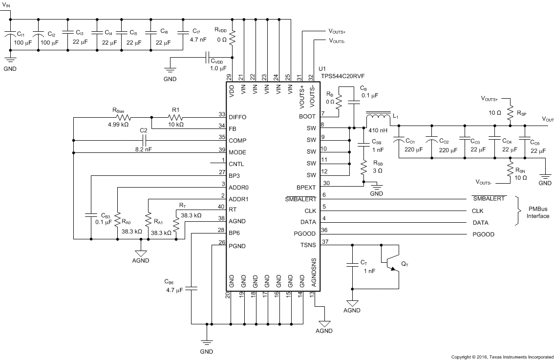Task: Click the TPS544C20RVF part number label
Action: coord(341,76)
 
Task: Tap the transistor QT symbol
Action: coord(391,264)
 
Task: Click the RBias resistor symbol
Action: coord(122,117)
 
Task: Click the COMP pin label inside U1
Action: coord(237,141)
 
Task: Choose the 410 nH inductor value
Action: coord(378,130)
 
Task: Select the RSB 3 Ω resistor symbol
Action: coord(363,169)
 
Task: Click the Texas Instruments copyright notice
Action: coord(502,357)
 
